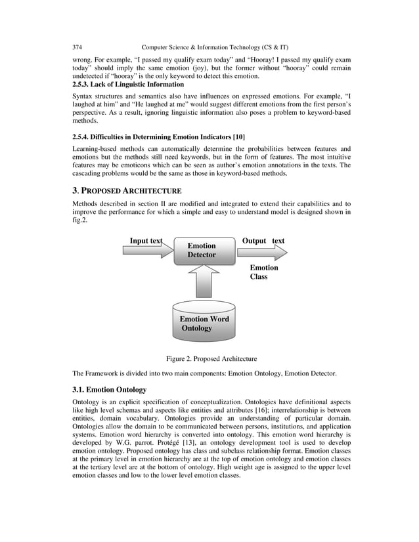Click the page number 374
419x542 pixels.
(77, 47)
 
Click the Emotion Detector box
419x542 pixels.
(203, 251)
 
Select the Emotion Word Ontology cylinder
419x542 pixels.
(204, 320)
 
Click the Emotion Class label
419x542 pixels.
(264, 272)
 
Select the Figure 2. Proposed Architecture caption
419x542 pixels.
(211, 359)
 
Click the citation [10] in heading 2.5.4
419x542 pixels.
(238, 136)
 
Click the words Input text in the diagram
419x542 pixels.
(145, 241)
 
